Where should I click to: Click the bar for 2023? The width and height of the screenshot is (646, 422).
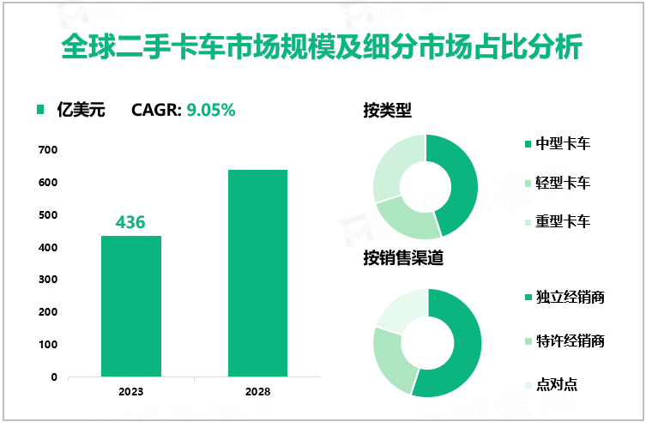coord(131,305)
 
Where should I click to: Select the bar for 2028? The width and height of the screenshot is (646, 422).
coord(257,273)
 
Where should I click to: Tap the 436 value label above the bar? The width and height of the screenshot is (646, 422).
coord(131,222)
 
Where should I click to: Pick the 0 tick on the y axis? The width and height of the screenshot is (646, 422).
coord(53,377)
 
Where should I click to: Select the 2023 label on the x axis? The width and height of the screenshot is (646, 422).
coord(131,391)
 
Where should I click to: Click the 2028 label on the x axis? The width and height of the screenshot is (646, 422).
coord(257,391)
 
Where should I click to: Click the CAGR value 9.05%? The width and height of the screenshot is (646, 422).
coord(211,110)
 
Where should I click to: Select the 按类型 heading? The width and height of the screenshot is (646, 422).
coord(387,111)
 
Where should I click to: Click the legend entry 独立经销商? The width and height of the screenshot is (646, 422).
coord(570,298)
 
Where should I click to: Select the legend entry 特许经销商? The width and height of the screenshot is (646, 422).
coord(570,341)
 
